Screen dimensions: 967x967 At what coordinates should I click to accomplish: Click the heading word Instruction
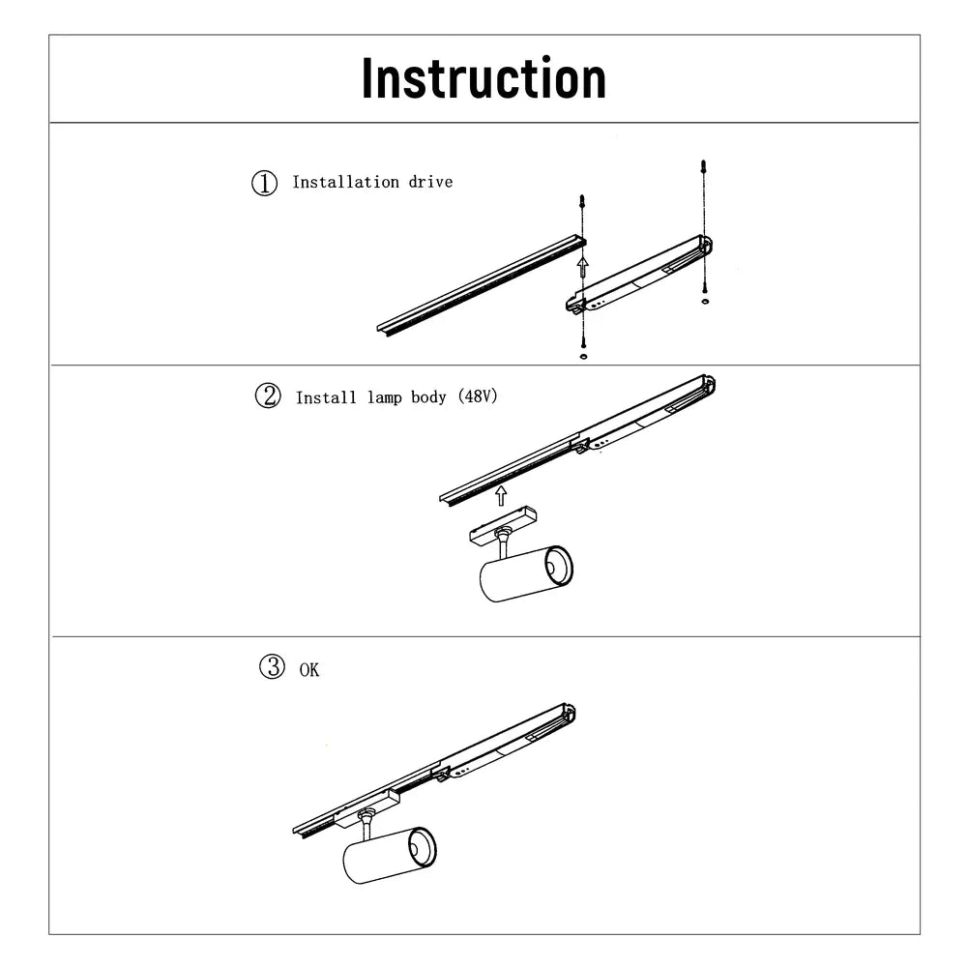483,79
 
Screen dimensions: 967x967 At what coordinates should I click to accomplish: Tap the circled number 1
264,183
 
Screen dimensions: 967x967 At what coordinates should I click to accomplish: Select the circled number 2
267,396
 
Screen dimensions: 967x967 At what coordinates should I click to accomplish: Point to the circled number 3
273,666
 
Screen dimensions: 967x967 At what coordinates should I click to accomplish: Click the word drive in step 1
430,182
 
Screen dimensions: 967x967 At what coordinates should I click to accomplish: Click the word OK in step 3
308,670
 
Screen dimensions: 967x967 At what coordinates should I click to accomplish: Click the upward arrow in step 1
581,267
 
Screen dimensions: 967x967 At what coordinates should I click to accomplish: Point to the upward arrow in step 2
500,496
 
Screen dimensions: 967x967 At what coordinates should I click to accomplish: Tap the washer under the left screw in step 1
582,356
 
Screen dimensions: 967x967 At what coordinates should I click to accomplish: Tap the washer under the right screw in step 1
704,302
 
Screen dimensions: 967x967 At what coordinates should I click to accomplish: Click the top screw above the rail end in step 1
581,204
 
